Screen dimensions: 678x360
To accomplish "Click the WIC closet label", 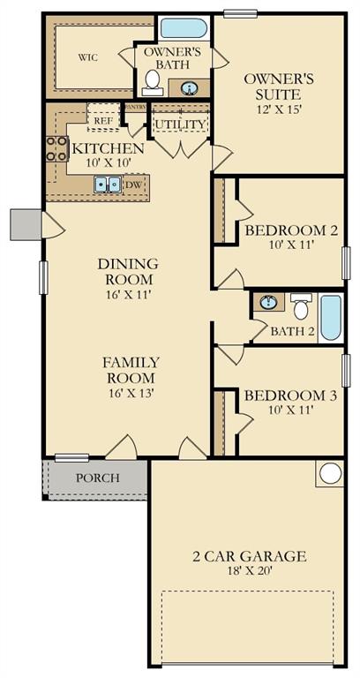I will click(87, 57).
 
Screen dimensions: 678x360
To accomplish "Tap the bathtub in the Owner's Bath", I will click(184, 27).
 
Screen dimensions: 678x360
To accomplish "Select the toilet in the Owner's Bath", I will click(153, 82).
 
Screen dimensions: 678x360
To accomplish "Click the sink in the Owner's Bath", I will click(190, 87).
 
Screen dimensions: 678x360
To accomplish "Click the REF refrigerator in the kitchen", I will click(102, 119).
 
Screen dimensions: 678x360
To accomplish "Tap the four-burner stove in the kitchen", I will click(57, 148).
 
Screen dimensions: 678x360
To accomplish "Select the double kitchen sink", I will click(109, 185).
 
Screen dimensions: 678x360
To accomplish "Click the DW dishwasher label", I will click(133, 185).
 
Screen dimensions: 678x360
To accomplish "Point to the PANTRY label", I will click(135, 107).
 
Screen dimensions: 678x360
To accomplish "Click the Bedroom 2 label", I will click(291, 230).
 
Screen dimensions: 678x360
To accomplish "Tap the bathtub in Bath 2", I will click(330, 318).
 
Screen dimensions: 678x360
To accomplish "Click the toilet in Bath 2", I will click(301, 307).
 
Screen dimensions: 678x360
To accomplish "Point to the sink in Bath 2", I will click(269, 303).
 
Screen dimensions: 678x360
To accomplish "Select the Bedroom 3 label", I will click(290, 395).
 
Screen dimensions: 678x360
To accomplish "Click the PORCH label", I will click(97, 478).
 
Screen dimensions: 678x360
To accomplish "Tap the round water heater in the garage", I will click(330, 473).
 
